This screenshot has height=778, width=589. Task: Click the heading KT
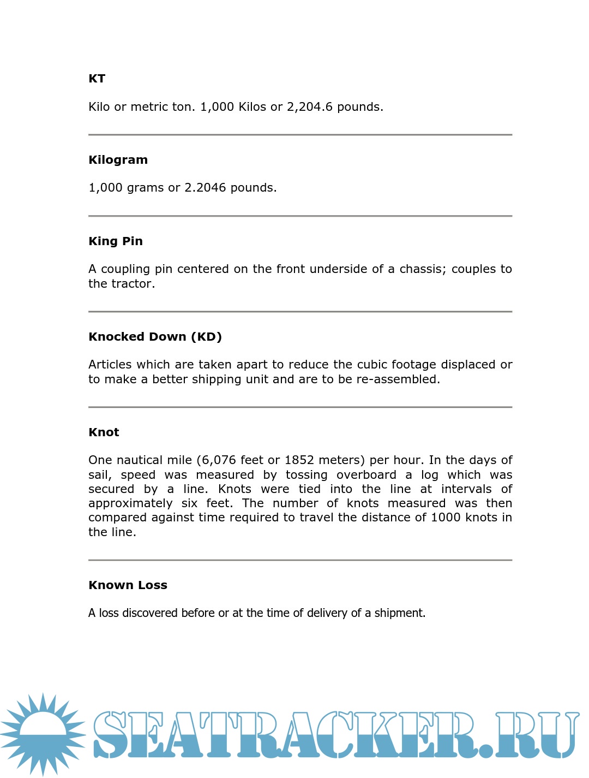[97, 79]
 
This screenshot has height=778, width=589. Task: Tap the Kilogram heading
[118, 160]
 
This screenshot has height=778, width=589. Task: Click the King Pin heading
[116, 241]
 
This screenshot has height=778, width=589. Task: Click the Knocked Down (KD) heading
[155, 337]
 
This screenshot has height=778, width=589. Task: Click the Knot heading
[104, 432]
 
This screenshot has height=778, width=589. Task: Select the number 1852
[299, 460]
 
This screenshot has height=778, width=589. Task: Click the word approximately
[130, 503]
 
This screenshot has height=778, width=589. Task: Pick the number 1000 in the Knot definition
[446, 518]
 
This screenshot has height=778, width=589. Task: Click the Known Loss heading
[128, 585]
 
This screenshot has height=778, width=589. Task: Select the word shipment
[399, 613]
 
